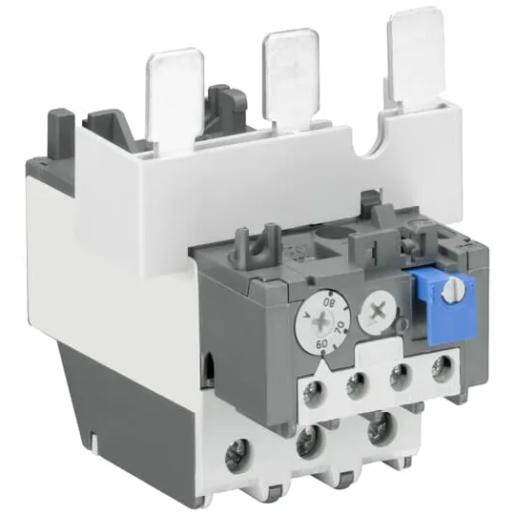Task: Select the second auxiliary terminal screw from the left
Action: [359, 383]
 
